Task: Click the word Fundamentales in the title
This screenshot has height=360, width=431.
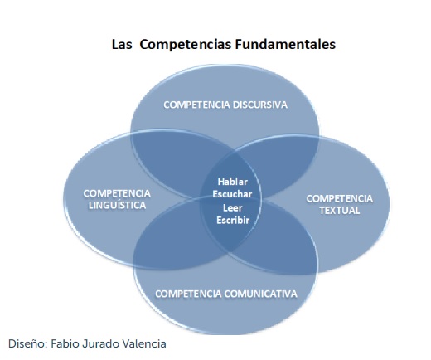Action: tap(285, 44)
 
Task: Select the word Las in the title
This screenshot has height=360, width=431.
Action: tap(122, 45)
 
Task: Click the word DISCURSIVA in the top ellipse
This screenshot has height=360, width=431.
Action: tap(260, 105)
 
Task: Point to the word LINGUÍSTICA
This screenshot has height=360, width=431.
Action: tap(117, 205)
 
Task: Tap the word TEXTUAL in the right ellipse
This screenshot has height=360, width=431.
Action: tap(340, 211)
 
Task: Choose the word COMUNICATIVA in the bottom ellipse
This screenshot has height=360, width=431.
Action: tap(260, 294)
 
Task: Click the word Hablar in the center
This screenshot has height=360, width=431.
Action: tap(233, 182)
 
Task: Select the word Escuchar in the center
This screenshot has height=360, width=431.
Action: tap(232, 194)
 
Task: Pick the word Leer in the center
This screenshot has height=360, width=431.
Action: tap(233, 207)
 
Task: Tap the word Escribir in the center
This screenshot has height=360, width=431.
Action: tap(233, 220)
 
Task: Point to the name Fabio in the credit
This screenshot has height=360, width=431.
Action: tap(61, 343)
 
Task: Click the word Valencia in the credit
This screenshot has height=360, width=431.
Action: tap(144, 343)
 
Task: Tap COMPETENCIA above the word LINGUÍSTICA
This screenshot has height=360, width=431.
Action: tap(117, 193)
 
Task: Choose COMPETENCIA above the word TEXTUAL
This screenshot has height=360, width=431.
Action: tap(340, 198)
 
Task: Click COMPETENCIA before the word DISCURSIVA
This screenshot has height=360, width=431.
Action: tap(196, 105)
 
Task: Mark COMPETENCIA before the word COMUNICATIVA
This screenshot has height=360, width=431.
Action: tap(188, 294)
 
